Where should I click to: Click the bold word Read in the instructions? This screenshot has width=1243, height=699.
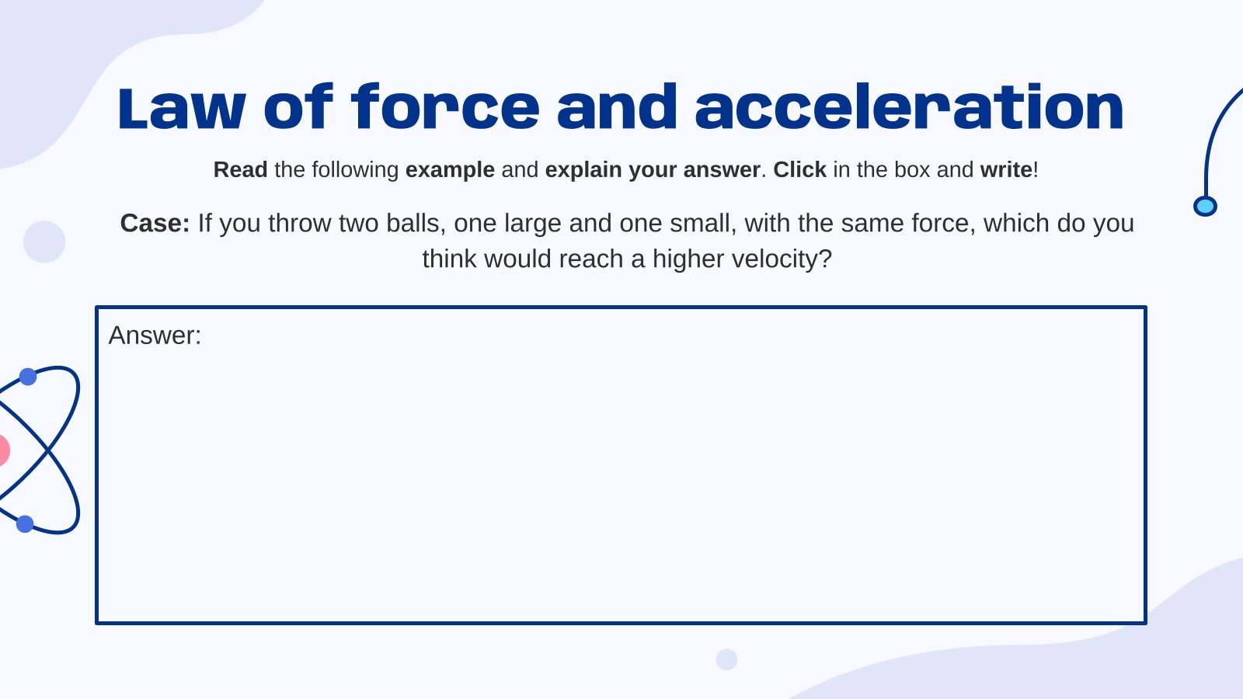coord(240,169)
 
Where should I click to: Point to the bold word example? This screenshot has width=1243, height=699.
coord(450,169)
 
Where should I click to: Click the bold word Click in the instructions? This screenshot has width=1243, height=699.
coord(799,169)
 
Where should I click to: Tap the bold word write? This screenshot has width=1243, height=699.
coord(1006,169)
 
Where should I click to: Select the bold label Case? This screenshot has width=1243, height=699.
coord(155,224)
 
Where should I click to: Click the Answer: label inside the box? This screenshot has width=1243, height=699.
coord(155,336)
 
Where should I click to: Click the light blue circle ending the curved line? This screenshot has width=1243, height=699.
coord(1205,206)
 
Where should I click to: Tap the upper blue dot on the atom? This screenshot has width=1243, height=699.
coord(28,377)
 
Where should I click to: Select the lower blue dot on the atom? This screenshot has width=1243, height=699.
coord(25,523)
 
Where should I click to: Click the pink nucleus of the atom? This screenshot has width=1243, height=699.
coord(2,450)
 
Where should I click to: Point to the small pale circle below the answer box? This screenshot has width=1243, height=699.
coord(726,659)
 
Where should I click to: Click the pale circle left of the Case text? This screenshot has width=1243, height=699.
coord(44,242)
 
